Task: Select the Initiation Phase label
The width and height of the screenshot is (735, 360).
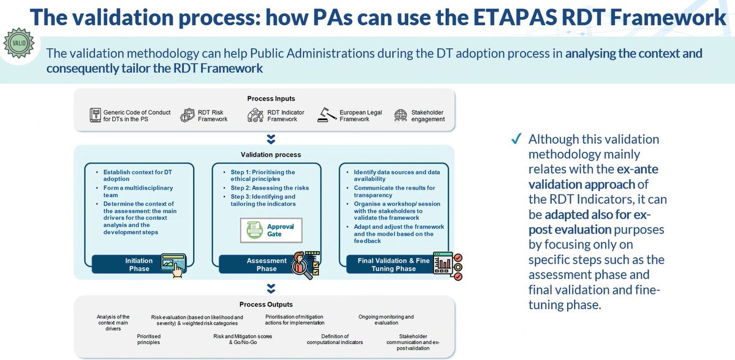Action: click(x=139, y=264)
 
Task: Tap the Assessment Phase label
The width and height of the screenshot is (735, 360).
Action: click(x=266, y=264)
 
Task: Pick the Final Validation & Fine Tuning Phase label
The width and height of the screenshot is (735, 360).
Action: click(x=393, y=264)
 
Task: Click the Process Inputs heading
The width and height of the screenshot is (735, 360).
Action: click(x=271, y=99)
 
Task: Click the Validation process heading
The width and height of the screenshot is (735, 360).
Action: click(x=271, y=154)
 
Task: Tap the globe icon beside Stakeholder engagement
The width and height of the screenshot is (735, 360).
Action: click(x=401, y=115)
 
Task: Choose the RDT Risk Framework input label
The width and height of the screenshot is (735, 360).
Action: click(x=212, y=115)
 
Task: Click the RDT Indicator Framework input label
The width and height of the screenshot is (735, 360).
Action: click(x=282, y=115)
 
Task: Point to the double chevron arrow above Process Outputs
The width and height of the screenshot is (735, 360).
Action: click(x=271, y=287)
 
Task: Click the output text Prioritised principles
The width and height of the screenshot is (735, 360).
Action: click(x=148, y=339)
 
